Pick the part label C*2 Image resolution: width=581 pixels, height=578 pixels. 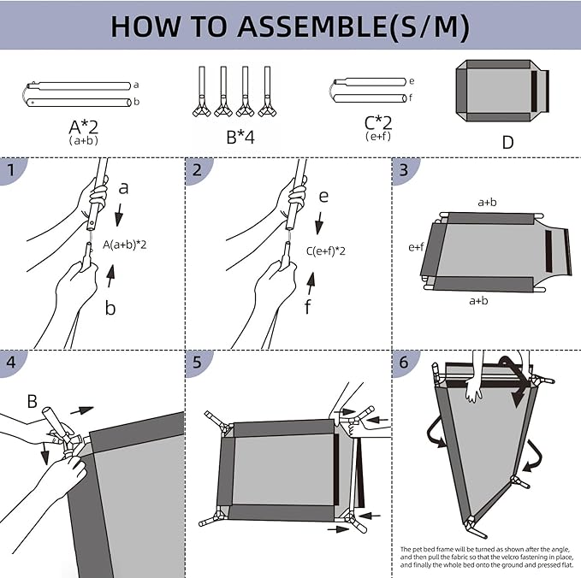tap(378, 123)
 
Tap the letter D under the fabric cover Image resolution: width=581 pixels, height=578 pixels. tap(507, 142)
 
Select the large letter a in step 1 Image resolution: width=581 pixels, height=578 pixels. tap(124, 186)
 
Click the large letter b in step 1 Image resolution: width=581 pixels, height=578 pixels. tap(110, 308)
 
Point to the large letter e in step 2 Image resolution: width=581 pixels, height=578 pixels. tap(323, 196)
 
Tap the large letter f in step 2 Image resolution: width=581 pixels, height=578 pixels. tap(308, 308)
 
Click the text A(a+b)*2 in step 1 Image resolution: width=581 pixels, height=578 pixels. tap(125, 245)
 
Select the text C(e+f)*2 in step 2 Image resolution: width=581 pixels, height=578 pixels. tap(330, 251)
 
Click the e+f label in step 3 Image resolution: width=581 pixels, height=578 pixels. tap(417, 247)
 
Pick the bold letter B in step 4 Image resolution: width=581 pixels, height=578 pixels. tap(32, 400)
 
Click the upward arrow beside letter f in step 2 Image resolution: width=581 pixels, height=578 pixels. tap(311, 280)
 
